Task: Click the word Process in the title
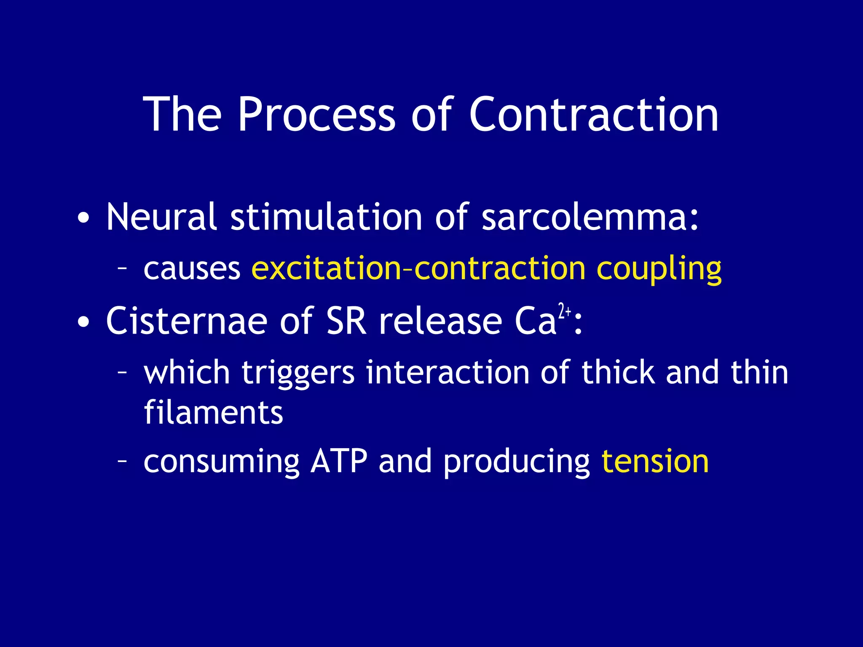coord(316,115)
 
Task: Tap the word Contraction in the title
coord(593,115)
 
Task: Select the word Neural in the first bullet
coord(161,217)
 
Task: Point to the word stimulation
coord(327,217)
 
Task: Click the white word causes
coord(192,269)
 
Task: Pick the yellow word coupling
coord(659,269)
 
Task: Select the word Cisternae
coord(187,321)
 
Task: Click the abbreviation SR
coord(346,321)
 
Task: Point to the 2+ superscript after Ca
coord(564,311)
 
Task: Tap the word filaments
coord(213,413)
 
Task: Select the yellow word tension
coord(655,462)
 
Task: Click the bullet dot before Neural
coord(83,219)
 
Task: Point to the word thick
coord(618,373)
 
